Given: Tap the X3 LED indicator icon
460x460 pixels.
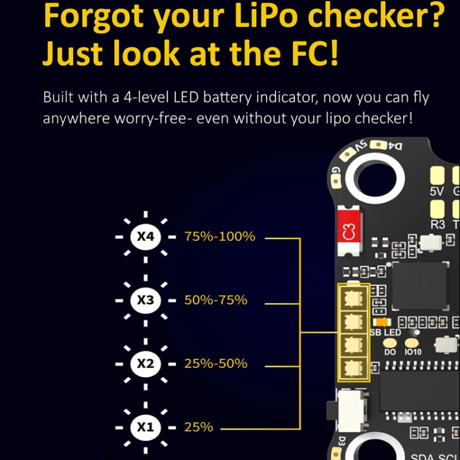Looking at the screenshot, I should coord(145,300).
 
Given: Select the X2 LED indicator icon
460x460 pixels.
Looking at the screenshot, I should coord(145,363).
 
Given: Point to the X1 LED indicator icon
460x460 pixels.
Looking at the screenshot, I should coord(145,427).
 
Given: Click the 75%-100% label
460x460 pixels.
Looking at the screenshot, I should coord(220,237).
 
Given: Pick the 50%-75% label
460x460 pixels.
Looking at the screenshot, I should coord(216,300).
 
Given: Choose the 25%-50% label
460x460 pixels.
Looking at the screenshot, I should coord(216,363).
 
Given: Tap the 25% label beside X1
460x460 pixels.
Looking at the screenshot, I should coord(199,427).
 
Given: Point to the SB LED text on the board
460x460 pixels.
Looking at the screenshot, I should coord(385,332).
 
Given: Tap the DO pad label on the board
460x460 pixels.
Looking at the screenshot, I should coord(390,352).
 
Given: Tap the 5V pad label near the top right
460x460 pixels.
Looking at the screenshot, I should coord(437,191).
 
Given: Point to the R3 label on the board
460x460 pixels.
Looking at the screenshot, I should coord(437,224).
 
